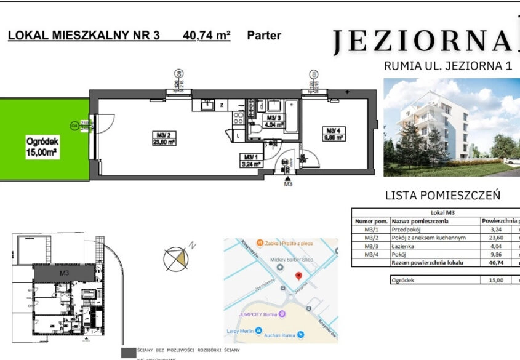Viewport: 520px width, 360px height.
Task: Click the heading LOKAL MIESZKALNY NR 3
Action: [x=84, y=36]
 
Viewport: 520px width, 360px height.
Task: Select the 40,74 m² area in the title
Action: [x=206, y=36]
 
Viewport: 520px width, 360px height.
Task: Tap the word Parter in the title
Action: [x=263, y=36]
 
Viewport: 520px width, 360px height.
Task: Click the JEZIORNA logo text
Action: [x=422, y=41]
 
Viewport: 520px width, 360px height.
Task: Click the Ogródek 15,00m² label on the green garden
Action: [x=42, y=146]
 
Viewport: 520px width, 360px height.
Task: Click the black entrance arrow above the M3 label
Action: [x=287, y=177]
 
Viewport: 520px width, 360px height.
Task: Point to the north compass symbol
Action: [x=175, y=258]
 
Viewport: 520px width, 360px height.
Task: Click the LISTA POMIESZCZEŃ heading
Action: [x=442, y=196]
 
